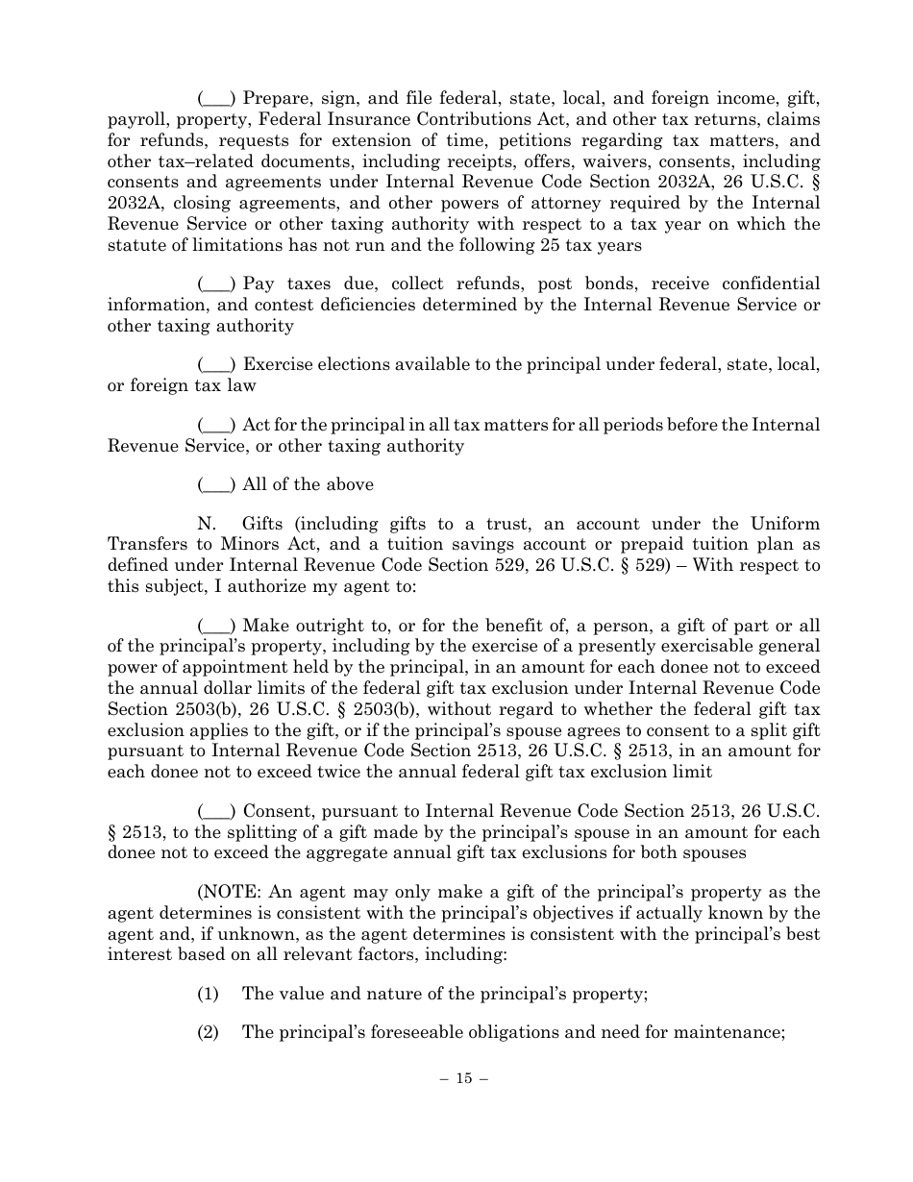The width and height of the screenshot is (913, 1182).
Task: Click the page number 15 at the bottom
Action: [464, 1078]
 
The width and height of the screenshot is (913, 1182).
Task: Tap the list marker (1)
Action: [209, 994]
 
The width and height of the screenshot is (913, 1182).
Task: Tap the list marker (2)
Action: [209, 1032]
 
